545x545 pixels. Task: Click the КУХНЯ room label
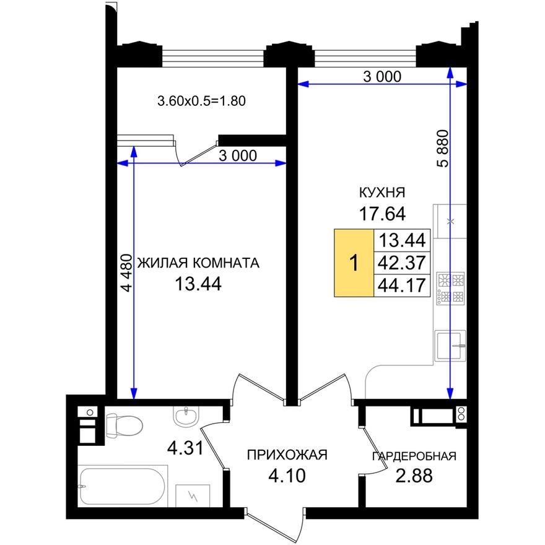(381, 192)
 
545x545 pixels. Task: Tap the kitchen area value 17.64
(381, 214)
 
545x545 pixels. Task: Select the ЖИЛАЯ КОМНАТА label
(198, 263)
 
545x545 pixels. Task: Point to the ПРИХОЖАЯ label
(286, 456)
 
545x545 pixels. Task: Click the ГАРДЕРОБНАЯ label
(414, 457)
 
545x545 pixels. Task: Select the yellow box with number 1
(354, 263)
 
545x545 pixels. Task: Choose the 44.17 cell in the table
(401, 286)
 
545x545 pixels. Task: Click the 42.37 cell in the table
(401, 263)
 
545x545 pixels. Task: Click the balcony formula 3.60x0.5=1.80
(203, 100)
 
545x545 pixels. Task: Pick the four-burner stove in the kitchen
(451, 289)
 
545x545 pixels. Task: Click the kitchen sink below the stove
(450, 345)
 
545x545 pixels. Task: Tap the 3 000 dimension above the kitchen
(382, 77)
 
